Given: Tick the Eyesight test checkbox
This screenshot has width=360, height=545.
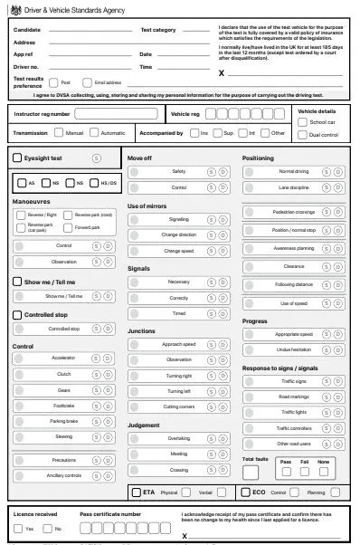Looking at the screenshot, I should pyautogui.click(x=18, y=158).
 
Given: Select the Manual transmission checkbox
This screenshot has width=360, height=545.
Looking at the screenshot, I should pyautogui.click(x=60, y=133).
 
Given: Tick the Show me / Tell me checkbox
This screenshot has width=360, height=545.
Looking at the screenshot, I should pyautogui.click(x=18, y=282).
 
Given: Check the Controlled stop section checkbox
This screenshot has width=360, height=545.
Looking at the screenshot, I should pyautogui.click(x=18, y=315).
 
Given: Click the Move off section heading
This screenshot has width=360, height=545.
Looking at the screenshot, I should pyautogui.click(x=140, y=158).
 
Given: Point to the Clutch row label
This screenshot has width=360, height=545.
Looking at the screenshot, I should pyautogui.click(x=63, y=374).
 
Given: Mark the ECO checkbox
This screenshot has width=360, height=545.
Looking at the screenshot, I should pyautogui.click(x=246, y=492).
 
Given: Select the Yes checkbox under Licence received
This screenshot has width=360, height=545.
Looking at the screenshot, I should pyautogui.click(x=19, y=528).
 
